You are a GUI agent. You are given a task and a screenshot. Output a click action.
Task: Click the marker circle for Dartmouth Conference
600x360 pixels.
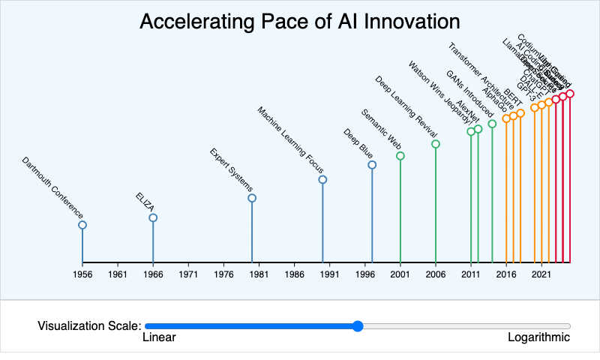click(82, 225)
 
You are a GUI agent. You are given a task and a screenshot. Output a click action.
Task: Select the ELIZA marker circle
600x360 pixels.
click(153, 218)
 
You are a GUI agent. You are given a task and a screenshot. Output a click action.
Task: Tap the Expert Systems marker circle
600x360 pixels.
click(252, 198)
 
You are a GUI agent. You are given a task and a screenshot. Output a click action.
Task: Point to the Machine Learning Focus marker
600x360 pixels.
click(322, 180)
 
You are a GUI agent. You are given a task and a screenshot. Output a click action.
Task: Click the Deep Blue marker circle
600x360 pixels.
click(372, 165)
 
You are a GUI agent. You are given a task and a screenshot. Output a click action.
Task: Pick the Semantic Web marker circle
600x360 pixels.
click(400, 156)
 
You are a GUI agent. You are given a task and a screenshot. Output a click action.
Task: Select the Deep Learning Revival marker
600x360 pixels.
click(436, 144)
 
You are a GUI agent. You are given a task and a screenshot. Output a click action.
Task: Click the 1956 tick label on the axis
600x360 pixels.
click(82, 275)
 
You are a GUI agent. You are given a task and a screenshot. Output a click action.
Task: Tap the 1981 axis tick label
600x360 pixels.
click(259, 275)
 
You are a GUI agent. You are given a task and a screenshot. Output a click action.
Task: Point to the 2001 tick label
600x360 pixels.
click(400, 275)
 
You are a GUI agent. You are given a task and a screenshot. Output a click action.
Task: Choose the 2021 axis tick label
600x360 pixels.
click(541, 275)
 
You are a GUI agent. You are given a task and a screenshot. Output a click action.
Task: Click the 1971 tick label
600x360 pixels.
click(188, 275)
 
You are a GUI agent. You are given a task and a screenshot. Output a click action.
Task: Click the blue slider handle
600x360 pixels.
click(358, 325)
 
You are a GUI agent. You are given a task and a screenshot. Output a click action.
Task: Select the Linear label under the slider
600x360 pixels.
click(159, 337)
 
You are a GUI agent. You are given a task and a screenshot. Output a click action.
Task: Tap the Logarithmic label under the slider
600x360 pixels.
click(538, 337)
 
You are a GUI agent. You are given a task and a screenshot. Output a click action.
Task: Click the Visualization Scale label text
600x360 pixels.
click(89, 325)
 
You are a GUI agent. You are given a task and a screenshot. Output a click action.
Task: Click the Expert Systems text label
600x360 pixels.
click(232, 171)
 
